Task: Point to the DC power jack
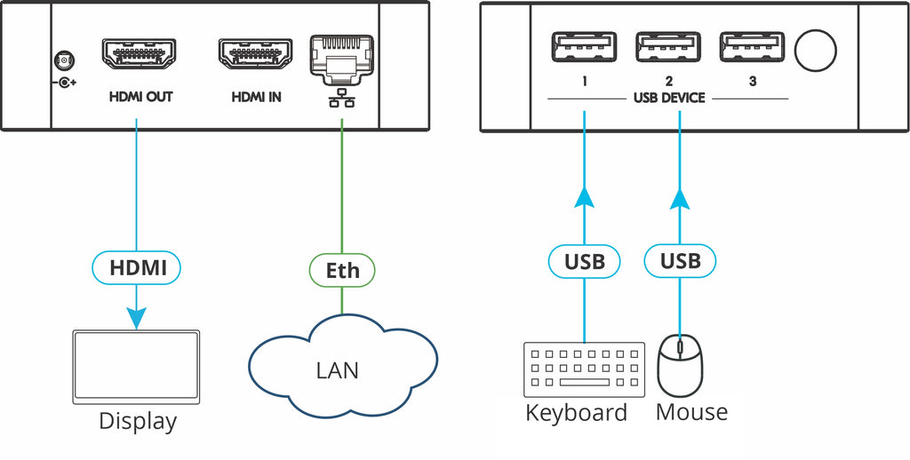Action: [x=62, y=61]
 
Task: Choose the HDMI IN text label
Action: [x=256, y=98]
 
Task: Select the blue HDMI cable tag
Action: [x=137, y=266]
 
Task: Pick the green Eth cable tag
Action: [x=341, y=269]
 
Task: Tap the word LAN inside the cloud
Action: [x=338, y=369]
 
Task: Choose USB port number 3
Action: [x=753, y=49]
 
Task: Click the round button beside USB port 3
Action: [x=816, y=52]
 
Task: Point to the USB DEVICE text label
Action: [x=668, y=98]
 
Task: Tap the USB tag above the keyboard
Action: [x=585, y=261]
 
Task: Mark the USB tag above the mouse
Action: [x=681, y=261]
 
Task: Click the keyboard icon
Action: [x=585, y=369]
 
